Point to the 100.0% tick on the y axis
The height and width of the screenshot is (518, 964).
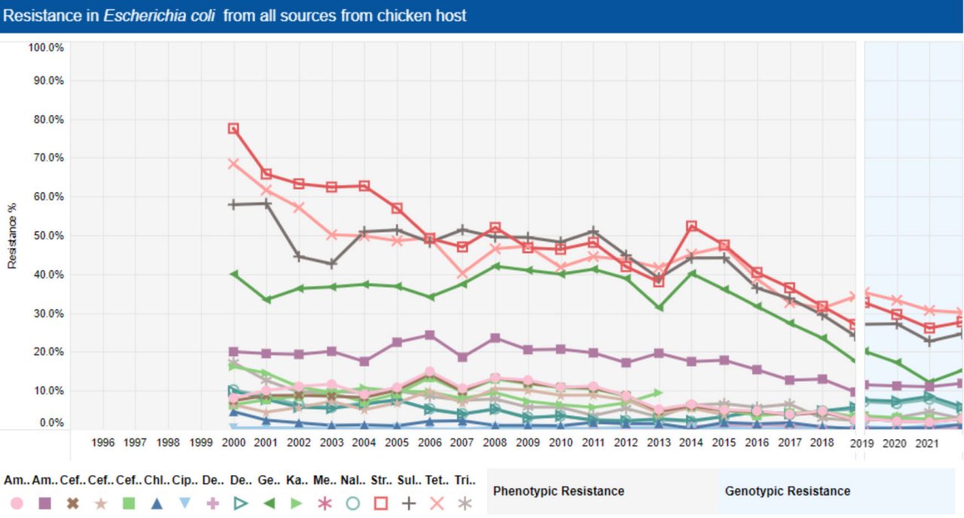click(46, 47)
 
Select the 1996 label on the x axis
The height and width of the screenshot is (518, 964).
click(102, 443)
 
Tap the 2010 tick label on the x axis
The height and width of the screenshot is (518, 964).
click(560, 443)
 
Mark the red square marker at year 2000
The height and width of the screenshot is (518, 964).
click(233, 129)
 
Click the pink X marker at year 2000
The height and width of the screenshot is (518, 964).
click(233, 163)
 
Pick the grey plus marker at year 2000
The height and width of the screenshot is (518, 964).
click(233, 204)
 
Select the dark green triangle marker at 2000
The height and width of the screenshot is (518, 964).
click(233, 274)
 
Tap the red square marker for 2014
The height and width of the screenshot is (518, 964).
click(691, 226)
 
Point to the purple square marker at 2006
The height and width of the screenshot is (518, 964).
click(429, 335)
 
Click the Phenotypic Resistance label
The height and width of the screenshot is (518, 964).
click(558, 491)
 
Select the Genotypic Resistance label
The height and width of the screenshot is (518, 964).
click(787, 491)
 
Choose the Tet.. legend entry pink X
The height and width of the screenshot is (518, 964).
click(436, 504)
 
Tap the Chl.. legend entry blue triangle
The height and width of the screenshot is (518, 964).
click(157, 504)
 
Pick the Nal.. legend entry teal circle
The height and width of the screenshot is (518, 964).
click(352, 504)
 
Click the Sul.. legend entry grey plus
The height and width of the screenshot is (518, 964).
click(408, 504)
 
